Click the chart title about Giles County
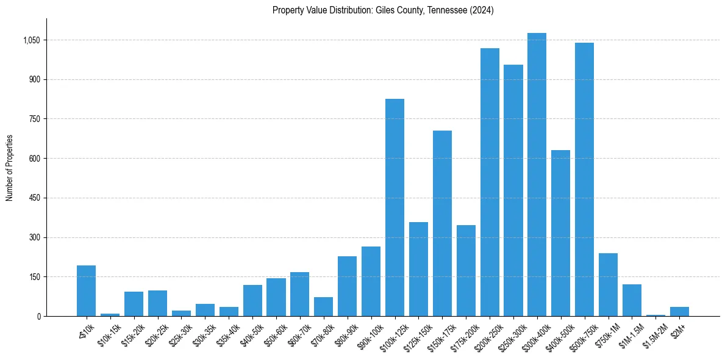(x=383, y=10)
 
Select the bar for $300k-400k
(x=537, y=175)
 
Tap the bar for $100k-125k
(x=395, y=207)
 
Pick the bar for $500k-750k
(x=584, y=179)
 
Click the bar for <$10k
(x=86, y=290)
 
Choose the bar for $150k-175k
(x=442, y=223)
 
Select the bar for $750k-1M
(x=608, y=284)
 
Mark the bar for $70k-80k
(x=323, y=306)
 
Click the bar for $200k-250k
(x=490, y=182)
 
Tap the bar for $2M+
(x=679, y=311)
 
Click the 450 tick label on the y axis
(x=34, y=198)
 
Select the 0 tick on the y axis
(x=38, y=317)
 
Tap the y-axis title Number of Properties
(x=10, y=168)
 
